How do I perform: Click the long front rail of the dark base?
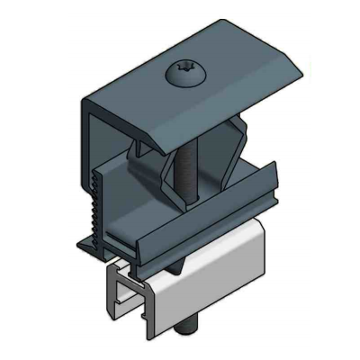[189, 229]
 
